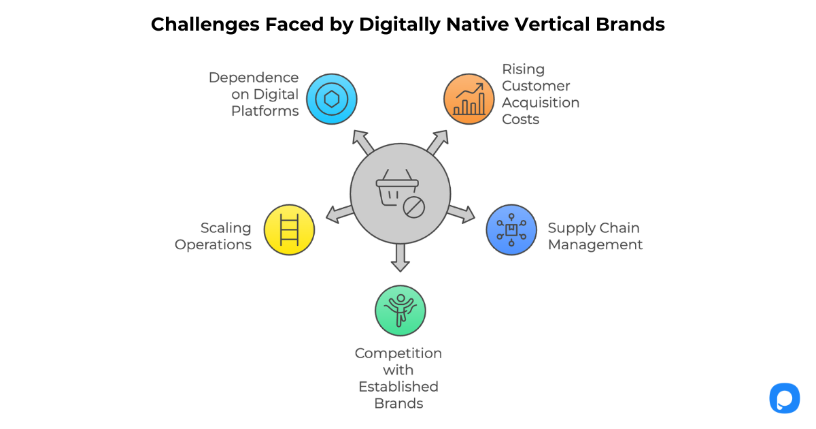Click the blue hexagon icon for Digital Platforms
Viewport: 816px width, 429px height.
331,99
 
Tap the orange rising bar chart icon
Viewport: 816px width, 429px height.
469,99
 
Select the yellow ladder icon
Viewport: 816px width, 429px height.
289,229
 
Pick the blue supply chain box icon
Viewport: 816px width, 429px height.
511,229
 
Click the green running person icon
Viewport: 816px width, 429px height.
400,311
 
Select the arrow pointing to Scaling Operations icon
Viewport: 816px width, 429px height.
339,214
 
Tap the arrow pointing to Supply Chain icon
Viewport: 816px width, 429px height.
462,213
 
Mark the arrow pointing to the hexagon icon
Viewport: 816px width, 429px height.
364,142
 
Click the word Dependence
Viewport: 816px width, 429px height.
254,78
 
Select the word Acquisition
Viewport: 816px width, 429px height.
541,102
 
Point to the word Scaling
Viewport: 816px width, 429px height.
226,228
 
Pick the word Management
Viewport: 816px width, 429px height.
595,244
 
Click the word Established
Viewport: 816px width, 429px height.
398,387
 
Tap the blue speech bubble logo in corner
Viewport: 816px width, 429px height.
784,398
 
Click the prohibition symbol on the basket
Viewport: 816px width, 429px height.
413,207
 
